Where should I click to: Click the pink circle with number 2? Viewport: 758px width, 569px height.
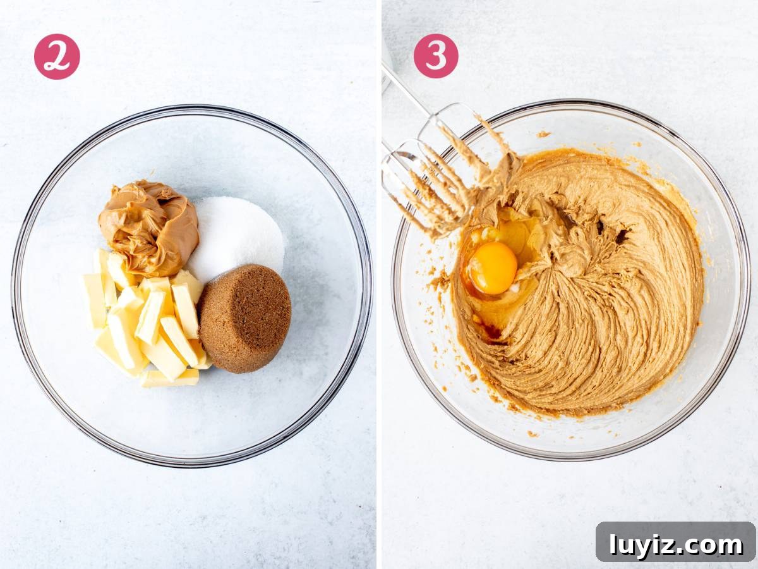pos(57,57)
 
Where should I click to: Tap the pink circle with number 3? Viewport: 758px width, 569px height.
pos(436,56)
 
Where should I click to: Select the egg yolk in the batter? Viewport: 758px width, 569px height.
pos(493,268)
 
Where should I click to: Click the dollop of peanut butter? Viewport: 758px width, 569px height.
pos(148,228)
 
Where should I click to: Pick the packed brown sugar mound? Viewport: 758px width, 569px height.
pos(245,319)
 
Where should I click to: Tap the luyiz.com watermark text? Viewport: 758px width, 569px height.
pos(676,545)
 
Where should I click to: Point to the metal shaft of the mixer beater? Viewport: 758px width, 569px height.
pos(404,87)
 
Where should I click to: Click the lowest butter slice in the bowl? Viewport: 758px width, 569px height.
pos(169,379)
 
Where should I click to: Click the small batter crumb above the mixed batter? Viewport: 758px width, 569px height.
pos(543,134)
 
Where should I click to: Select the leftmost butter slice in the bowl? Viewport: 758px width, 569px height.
pos(95,300)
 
